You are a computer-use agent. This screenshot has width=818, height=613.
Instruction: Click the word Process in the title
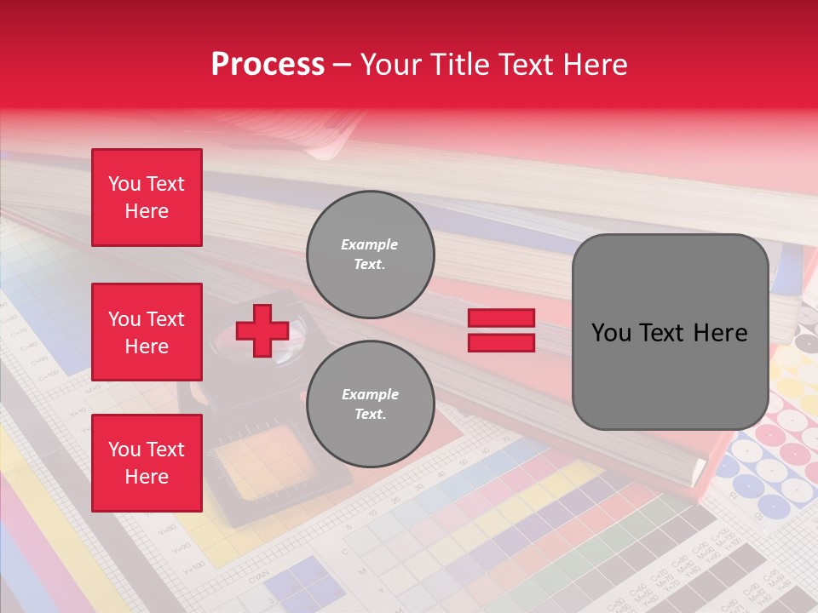point(268,65)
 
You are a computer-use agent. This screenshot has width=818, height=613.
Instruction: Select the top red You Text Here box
point(147,198)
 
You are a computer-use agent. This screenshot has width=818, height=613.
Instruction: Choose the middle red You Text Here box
point(147,332)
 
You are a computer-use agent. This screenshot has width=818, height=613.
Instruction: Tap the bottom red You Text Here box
point(147,463)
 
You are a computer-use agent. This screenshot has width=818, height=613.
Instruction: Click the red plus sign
point(262,330)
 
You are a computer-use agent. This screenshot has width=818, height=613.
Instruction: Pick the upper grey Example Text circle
point(371,255)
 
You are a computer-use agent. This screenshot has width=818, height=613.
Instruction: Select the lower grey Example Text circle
point(371,404)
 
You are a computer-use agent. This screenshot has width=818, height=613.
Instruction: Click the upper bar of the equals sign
point(501,318)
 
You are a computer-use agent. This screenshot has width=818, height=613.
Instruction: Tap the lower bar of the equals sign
point(501,343)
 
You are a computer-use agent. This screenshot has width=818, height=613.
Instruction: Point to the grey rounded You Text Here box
point(670,332)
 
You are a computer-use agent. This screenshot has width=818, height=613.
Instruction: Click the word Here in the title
point(595,65)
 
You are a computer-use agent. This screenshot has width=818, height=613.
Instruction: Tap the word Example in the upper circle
point(370,244)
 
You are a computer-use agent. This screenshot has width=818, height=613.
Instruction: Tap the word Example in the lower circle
point(370,394)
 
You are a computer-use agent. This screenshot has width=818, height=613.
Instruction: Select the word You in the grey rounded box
point(612,333)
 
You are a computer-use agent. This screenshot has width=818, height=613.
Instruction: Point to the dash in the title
point(343,65)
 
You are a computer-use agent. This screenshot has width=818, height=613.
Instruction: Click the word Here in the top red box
point(147,211)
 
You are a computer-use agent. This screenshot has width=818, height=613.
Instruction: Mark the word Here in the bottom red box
point(147,477)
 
